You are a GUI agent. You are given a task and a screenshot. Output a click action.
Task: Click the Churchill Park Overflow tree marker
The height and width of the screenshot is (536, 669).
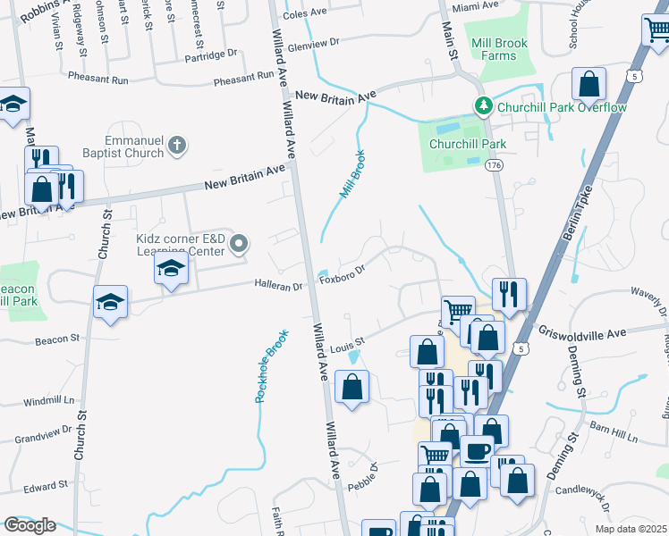coord(484,107)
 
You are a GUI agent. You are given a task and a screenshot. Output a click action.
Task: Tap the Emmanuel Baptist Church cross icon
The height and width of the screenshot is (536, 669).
coord(177,146)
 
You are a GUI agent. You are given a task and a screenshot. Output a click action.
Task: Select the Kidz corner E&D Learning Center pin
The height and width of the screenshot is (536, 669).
coord(239,242)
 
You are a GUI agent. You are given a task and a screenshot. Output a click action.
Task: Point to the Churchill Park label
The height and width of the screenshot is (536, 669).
coord(468,144)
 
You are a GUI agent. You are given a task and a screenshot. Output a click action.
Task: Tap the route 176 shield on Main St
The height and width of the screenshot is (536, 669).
coord(494,165)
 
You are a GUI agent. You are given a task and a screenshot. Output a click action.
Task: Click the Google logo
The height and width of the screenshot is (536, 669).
coord(30,525)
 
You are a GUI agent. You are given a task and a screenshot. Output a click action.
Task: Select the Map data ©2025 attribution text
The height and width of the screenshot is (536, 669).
coord(631,529)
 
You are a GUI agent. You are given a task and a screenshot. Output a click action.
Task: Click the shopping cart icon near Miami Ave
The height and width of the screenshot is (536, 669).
coord(656,30)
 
